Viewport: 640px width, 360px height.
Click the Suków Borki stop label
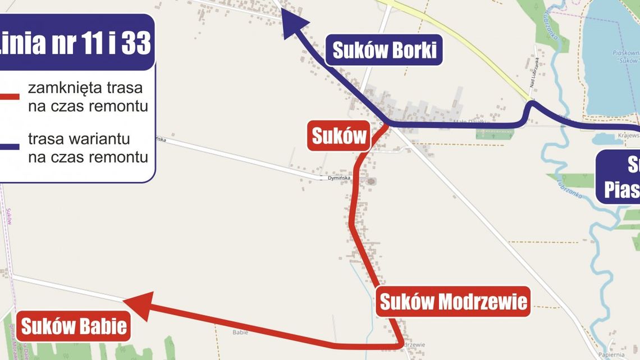(385, 50)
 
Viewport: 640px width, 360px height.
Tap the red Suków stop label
(339, 136)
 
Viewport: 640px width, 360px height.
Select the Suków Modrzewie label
(454, 302)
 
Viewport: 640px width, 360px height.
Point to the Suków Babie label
(74, 326)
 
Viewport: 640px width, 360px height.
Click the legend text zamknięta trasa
(85, 88)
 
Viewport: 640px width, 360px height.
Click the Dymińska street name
(339, 179)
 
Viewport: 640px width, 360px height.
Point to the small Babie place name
(240, 332)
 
